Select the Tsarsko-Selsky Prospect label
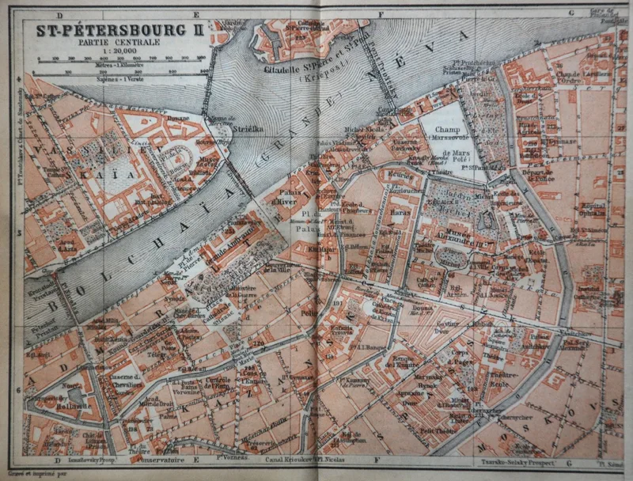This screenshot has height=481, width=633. coord(520,460)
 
